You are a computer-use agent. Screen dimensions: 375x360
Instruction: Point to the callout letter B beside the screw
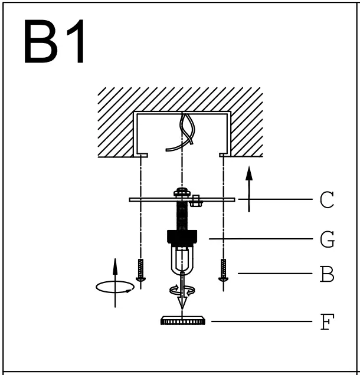pyautogui.click(x=326, y=274)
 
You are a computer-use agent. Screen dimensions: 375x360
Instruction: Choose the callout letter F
pyautogui.click(x=326, y=321)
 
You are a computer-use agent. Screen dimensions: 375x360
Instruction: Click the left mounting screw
pyautogui.click(x=141, y=269)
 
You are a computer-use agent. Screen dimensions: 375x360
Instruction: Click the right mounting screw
pyautogui.click(x=223, y=269)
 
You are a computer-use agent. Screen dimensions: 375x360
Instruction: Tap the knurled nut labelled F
pyautogui.click(x=182, y=321)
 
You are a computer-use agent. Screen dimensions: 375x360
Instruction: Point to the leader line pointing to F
pyautogui.click(x=260, y=321)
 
